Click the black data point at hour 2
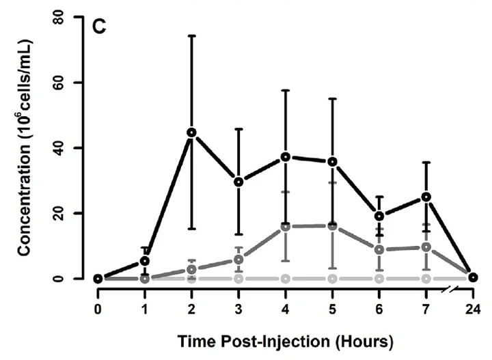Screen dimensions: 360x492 coord(192,133)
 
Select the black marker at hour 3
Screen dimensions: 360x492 coord(238,182)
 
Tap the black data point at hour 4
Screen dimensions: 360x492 coord(286,157)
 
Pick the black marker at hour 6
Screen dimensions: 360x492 coord(379,217)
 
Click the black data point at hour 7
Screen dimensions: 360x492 coord(426,197)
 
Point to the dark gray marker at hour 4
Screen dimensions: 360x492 coord(286,226)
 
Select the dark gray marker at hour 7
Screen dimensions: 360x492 coord(426,247)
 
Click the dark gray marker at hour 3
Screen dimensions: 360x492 coord(238,259)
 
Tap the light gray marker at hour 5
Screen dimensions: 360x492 coord(333,279)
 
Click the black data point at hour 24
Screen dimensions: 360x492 coord(473,277)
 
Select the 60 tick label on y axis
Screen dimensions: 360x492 coord(70,83)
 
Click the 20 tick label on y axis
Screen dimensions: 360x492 coord(70,213)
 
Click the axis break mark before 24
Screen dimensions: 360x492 coord(448,290)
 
